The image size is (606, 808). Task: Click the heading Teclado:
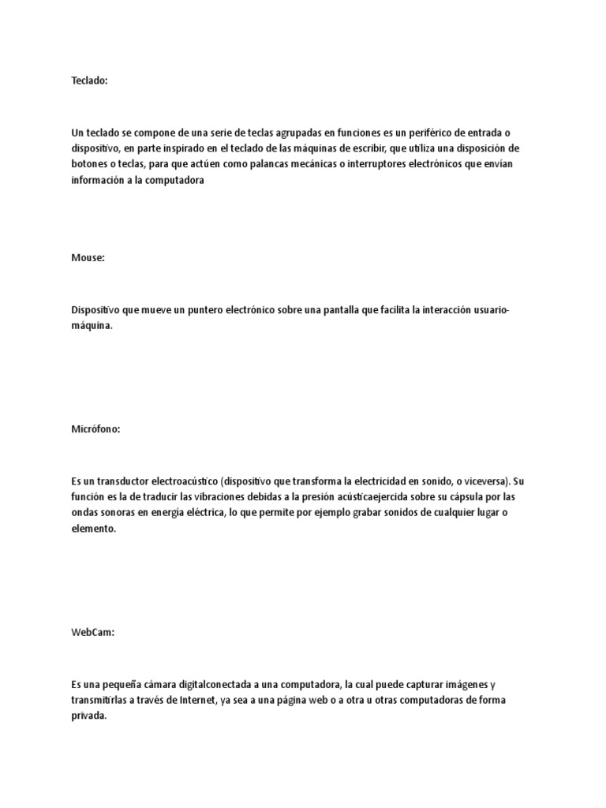88,80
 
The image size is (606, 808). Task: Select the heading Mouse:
88,257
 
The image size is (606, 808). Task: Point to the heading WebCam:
92,631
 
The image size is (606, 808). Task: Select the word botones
90,164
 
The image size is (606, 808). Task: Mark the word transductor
125,481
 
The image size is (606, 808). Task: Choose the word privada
88,716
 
